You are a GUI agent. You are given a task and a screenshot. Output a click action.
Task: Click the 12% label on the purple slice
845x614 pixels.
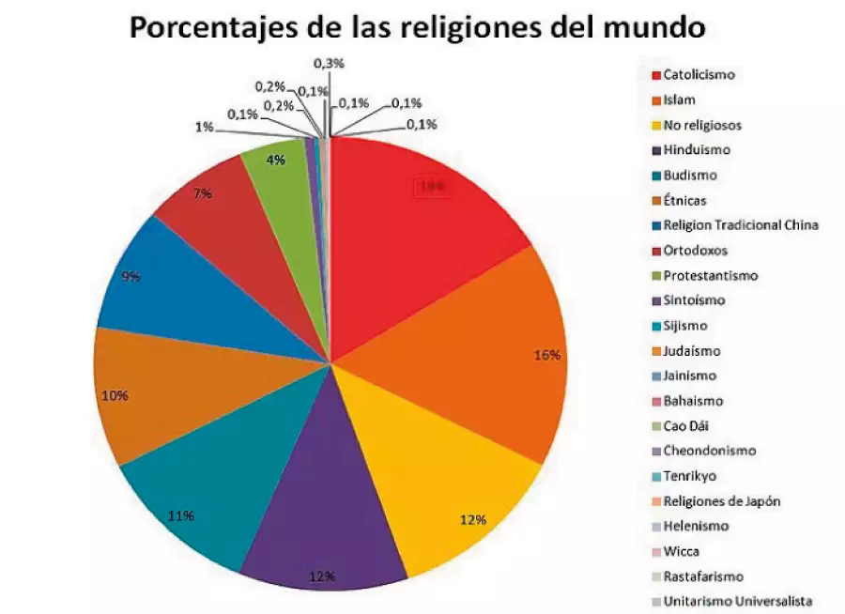point(322,576)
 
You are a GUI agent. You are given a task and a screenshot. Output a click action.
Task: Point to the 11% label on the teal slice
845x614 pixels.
point(181,515)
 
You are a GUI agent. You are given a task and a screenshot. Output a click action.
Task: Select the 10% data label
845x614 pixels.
point(115,395)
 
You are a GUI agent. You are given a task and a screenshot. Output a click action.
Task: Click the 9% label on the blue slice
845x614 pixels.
point(131,277)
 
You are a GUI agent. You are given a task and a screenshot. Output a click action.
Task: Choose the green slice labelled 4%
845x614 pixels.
point(277,169)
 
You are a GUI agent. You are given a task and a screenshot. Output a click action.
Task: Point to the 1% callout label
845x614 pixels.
point(203,126)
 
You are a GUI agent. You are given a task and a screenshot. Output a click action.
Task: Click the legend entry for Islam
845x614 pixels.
point(678,100)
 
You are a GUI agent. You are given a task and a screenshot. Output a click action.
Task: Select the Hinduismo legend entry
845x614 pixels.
point(696,149)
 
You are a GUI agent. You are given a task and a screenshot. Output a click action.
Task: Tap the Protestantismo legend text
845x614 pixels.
point(710,275)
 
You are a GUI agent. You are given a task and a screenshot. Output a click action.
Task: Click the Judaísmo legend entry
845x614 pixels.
point(691,350)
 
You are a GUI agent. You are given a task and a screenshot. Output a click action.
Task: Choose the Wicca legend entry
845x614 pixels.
point(681,551)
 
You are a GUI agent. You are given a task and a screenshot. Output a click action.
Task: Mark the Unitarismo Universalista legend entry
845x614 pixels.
point(737,601)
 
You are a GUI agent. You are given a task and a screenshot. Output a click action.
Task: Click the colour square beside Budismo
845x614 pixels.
point(654,176)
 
